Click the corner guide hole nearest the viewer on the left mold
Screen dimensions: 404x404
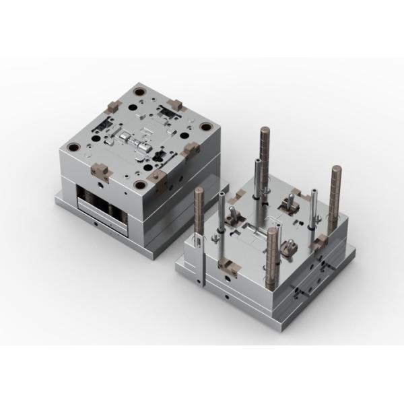tap(140, 184)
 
